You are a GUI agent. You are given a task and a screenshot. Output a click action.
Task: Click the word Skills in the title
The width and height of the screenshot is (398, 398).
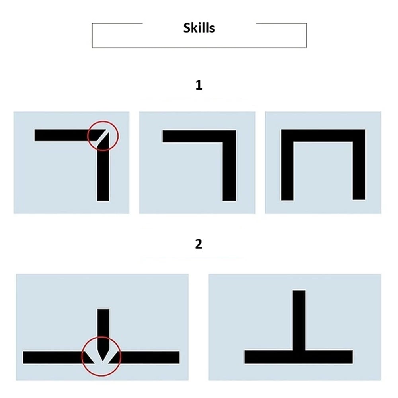pyautogui.click(x=199, y=28)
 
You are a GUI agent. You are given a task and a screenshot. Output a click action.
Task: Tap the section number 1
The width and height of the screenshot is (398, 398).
pyautogui.click(x=199, y=85)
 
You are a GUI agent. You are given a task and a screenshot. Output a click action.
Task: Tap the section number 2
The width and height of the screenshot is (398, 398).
pyautogui.click(x=199, y=244)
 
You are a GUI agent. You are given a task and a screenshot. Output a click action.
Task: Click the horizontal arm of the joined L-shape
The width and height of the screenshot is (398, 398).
pyautogui.click(x=199, y=136)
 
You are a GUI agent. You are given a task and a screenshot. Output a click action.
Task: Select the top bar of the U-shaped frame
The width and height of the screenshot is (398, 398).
pyautogui.click(x=323, y=136)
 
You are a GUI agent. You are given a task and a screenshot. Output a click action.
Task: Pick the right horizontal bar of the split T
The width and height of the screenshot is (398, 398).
pyautogui.click(x=145, y=357)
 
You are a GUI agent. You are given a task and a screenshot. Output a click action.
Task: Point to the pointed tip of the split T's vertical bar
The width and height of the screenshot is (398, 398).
pyautogui.click(x=103, y=361)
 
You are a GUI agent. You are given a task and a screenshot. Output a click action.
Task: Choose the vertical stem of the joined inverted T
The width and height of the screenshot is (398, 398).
pyautogui.click(x=299, y=320)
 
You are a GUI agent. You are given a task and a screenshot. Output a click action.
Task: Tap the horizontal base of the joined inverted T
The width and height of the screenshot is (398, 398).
pyautogui.click(x=298, y=357)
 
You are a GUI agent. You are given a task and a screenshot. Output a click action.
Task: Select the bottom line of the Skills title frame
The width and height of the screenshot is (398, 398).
pyautogui.click(x=199, y=47)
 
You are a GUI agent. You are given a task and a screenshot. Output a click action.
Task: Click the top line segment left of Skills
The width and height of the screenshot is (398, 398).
pyautogui.click(x=117, y=23)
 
